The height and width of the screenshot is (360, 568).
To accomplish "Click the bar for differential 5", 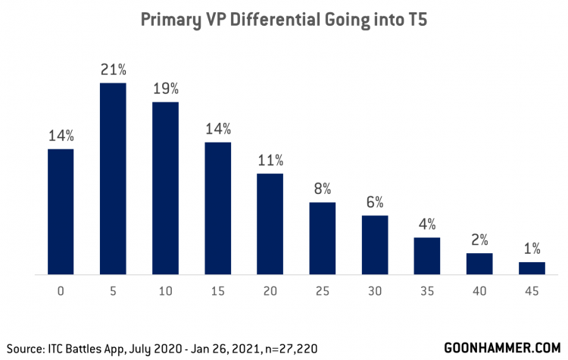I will tap(113, 178).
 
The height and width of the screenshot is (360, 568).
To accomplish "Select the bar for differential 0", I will tap(61, 211).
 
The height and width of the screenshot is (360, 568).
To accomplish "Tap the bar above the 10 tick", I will tap(165, 188).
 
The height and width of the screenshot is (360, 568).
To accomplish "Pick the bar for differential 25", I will tap(323, 238).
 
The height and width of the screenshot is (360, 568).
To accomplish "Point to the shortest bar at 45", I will tap(532, 268).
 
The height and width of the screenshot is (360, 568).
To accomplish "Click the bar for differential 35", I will tap(427, 255).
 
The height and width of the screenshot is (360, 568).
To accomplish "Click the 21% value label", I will tap(113, 70).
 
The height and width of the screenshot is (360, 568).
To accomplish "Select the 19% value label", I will tap(165, 89).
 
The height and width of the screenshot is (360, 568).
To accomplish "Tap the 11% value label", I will tap(270, 161).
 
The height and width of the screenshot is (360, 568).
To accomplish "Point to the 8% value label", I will tap(323, 189).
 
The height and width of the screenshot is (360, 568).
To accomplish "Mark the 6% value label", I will tap(375, 202).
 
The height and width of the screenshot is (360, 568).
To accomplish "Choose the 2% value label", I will tap(479, 239).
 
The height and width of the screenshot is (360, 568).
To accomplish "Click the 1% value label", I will tap(532, 249).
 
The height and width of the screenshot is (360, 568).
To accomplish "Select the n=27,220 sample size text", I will tap(283, 347).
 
